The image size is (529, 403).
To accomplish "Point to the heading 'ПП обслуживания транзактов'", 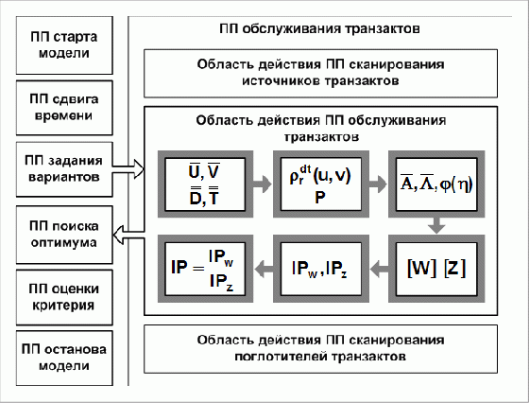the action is tap(319, 28).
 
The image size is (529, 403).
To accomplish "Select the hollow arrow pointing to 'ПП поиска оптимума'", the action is tap(128, 235).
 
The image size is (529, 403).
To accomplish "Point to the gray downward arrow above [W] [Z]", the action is tap(436, 225).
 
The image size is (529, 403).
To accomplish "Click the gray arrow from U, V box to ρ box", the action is tap(263, 184).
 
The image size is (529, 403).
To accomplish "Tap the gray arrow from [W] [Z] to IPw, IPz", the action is tap(379, 269).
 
